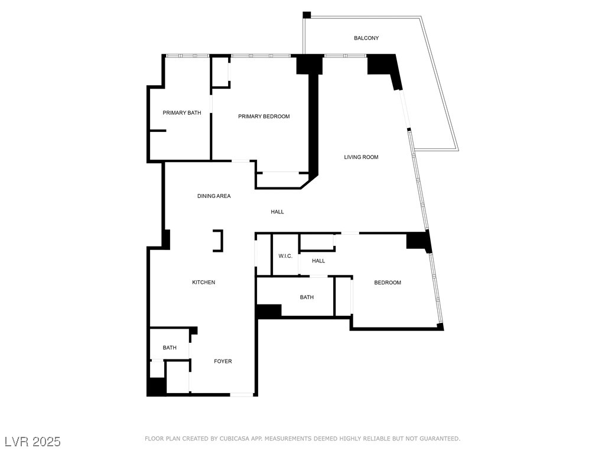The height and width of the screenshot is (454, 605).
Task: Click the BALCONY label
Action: pos(366,38)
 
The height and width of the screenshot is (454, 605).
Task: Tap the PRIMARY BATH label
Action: pos(182,113)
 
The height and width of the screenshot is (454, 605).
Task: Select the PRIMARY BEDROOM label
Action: pos(264,116)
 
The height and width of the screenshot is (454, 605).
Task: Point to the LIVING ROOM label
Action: pos(361,157)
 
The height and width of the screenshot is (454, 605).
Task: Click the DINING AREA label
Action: pos(214,196)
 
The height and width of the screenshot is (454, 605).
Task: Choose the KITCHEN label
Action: pos(203,283)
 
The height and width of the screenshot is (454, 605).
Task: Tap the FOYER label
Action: pos(223,361)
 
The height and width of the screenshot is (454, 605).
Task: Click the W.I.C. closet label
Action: pos(285,256)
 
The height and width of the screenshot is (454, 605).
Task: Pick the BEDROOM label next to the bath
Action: pos(388,283)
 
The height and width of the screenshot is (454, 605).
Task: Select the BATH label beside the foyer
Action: pos(170,348)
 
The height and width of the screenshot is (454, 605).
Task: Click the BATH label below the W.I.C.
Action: pos(307,297)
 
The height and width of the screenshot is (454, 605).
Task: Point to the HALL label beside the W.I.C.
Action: pos(318,261)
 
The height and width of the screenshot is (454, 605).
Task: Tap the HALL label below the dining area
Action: pos(277,212)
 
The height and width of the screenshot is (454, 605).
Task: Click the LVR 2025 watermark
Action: pos(32,442)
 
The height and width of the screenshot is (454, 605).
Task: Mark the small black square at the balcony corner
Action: pos(306,15)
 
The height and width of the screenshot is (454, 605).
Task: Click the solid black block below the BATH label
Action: pos(269,311)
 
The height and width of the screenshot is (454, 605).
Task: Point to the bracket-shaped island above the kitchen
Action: pos(219,241)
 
